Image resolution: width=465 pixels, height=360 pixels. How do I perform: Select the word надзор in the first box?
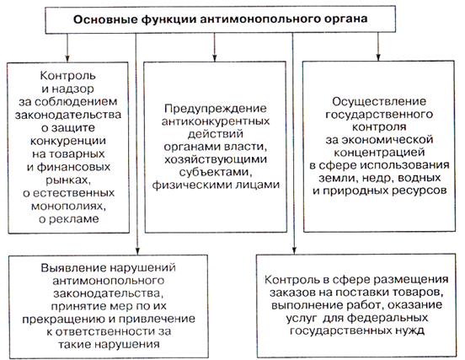coord(72,89)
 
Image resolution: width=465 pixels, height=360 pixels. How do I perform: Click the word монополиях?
coord(68,207)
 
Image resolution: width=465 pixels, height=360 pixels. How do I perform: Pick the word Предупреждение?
coord(216,108)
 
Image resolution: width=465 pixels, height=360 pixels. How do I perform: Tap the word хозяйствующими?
coord(216,159)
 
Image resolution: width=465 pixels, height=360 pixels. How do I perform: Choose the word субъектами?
coord(216,172)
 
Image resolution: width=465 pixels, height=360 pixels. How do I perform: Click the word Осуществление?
coord(379,102)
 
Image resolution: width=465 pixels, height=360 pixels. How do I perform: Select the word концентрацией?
coord(379,153)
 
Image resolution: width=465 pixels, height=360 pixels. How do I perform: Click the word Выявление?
coord(73,268)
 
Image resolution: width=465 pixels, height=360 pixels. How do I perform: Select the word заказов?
coord(292,293)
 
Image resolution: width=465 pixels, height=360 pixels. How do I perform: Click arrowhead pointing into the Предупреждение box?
coord(215,58)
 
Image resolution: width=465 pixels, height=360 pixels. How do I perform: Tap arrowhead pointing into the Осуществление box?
coord(377,57)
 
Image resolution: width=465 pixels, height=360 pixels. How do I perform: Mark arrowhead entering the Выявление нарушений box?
coord(136,251)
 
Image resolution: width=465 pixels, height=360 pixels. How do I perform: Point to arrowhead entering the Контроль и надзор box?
coord(67,58)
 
